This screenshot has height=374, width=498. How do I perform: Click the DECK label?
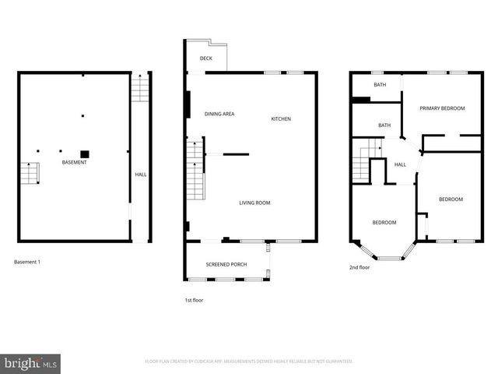(206, 58)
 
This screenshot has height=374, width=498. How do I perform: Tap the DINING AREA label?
(219, 115)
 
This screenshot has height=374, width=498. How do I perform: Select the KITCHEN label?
(281, 119)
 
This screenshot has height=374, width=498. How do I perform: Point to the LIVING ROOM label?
(254, 203)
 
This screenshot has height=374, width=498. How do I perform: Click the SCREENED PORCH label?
(226, 264)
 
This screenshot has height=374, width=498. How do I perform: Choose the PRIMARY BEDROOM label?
(442, 108)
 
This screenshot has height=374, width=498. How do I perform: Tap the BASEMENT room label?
(75, 162)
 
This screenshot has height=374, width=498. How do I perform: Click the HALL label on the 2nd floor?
(400, 164)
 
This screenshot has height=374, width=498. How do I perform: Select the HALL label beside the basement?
(140, 175)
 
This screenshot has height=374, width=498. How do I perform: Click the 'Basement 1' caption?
(27, 262)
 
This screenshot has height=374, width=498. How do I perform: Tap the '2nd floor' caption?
(359, 267)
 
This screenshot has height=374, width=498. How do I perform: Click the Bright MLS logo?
(31, 363)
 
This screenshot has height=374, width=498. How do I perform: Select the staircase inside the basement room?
(30, 173)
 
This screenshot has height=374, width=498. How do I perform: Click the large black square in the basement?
(85, 153)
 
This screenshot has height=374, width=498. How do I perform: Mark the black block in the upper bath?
(361, 99)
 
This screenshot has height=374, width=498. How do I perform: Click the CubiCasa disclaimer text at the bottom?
(249, 362)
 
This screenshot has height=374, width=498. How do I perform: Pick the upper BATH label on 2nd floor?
(380, 84)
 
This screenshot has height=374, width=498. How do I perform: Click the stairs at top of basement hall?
(139, 90)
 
